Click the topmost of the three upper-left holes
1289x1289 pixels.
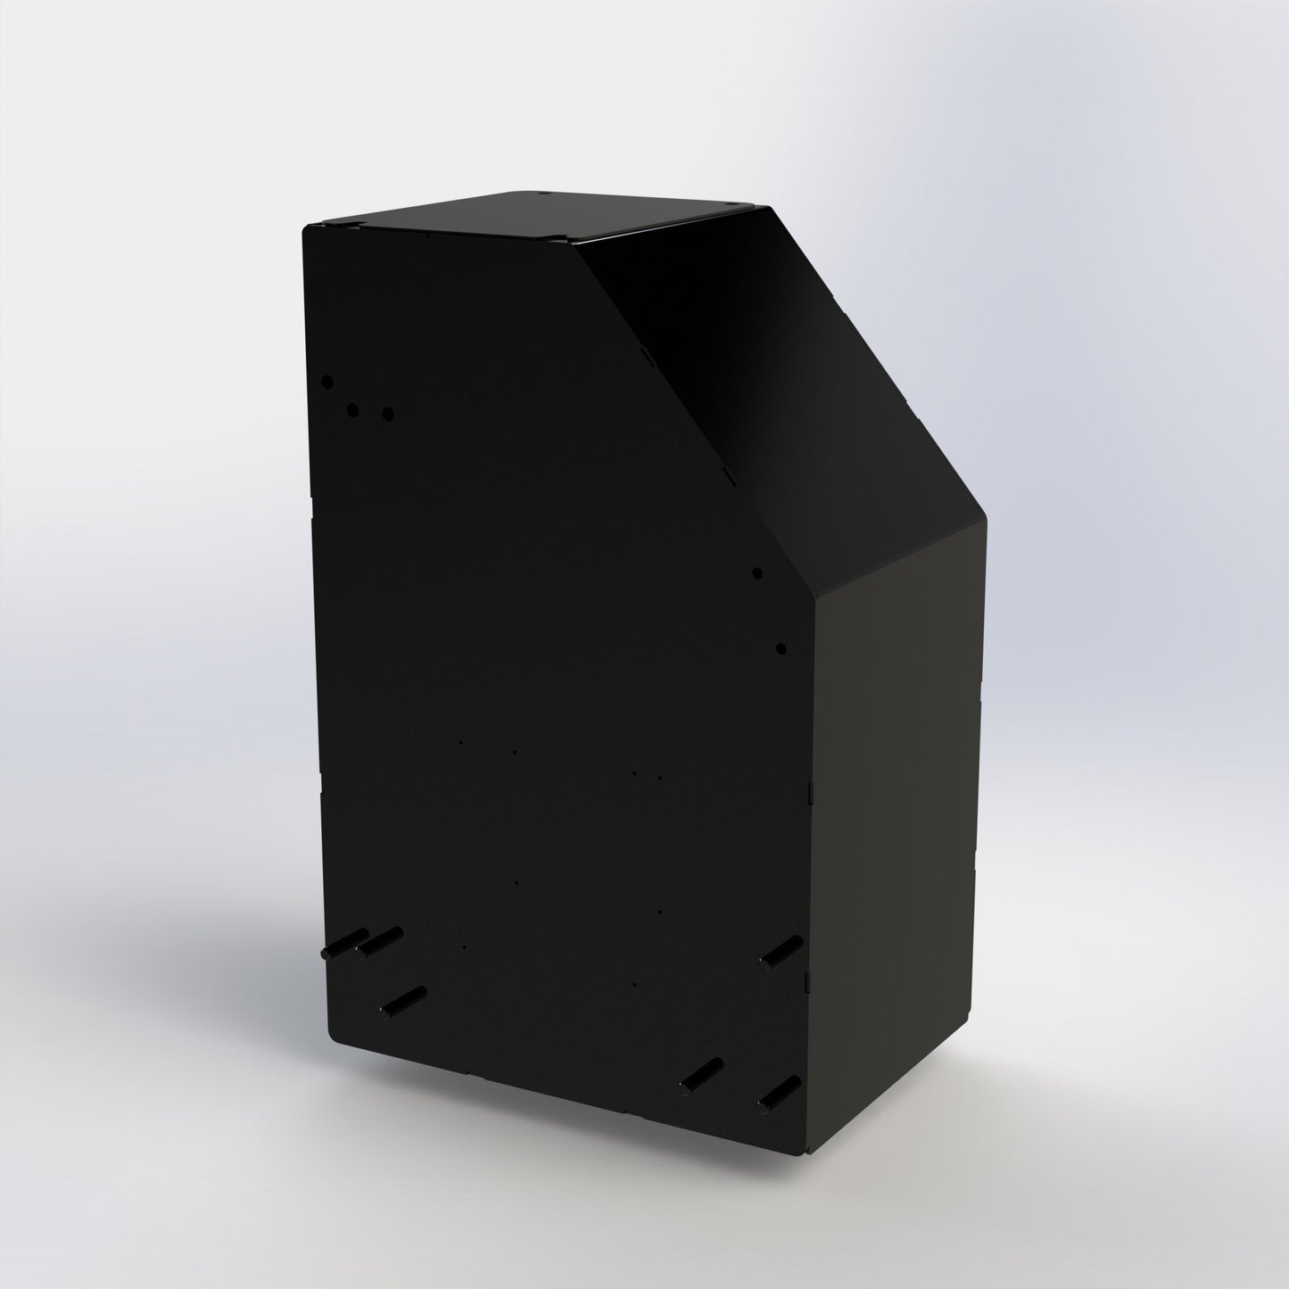[x=327, y=381]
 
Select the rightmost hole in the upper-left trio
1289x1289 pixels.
[x=387, y=414]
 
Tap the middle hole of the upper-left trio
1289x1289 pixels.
[x=352, y=410]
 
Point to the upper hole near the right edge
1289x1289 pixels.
[x=756, y=573]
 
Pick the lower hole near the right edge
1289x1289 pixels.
[x=780, y=649]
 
